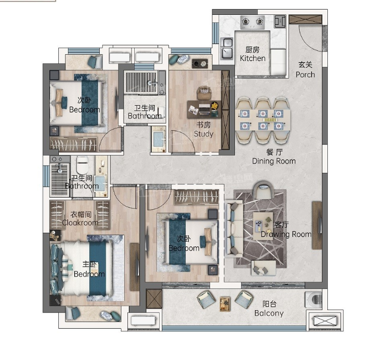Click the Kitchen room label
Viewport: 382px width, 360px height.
point(253,54)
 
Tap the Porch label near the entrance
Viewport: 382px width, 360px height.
point(305,70)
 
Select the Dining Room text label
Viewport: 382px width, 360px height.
point(274,157)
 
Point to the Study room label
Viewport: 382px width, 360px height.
point(203,130)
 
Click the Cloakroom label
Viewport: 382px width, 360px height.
point(81,218)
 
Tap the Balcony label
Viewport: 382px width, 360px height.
point(269,308)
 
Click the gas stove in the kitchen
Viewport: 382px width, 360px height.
point(253,22)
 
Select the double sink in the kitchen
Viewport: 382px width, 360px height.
point(227,48)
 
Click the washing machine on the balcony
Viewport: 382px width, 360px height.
point(314,299)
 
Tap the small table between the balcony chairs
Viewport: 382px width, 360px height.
point(225,304)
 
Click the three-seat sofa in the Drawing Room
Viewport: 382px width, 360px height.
point(233,229)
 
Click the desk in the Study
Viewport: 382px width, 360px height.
point(204,109)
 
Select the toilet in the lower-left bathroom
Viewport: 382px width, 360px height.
point(82,165)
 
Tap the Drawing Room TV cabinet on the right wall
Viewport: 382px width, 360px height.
point(317,225)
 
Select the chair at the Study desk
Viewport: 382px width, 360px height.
point(204,93)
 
